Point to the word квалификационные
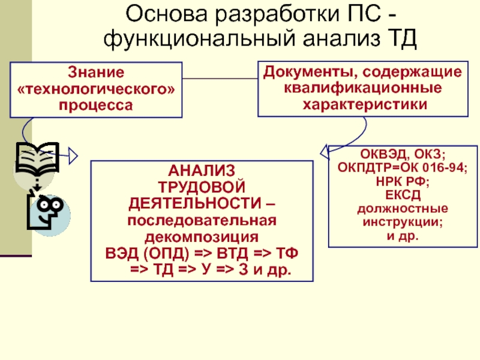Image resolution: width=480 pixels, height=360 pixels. point(362,88)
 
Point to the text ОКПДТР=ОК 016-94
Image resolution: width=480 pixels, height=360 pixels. point(402,169)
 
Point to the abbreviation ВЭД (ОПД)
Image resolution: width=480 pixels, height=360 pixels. point(128,251)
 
